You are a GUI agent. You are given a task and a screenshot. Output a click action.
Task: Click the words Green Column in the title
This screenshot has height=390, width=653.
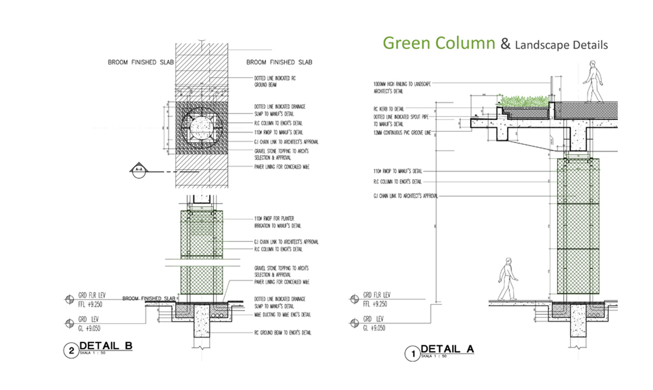439,43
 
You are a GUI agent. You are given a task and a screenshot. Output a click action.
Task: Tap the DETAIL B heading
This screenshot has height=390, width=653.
105,346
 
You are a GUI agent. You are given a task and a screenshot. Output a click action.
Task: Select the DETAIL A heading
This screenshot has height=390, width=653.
447,349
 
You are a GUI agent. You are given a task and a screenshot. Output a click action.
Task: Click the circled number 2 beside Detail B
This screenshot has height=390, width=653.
71,351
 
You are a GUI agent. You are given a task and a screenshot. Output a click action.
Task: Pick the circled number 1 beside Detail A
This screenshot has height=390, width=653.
413,354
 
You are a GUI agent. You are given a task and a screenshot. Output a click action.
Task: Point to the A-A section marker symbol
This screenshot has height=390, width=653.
139,170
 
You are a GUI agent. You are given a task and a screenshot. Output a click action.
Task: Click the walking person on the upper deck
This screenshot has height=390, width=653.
594,82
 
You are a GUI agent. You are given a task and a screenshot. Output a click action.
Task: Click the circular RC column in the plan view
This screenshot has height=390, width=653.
201,128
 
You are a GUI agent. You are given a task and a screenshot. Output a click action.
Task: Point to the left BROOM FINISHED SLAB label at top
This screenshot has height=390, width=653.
141,62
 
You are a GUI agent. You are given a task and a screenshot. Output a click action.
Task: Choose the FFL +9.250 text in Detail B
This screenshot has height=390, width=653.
90,304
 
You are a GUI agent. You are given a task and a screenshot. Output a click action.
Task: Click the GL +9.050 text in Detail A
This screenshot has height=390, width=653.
374,328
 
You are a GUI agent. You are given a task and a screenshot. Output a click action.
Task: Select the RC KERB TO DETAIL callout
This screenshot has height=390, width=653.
389,109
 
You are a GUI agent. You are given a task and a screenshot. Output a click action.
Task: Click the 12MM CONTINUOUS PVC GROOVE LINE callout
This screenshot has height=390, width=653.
402,133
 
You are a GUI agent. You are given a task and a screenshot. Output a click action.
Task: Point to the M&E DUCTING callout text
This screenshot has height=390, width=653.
282,315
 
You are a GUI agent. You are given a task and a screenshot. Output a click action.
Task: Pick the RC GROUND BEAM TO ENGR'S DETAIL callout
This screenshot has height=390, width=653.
282,333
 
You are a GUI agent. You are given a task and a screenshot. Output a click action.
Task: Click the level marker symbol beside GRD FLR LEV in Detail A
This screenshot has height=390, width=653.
354,299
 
